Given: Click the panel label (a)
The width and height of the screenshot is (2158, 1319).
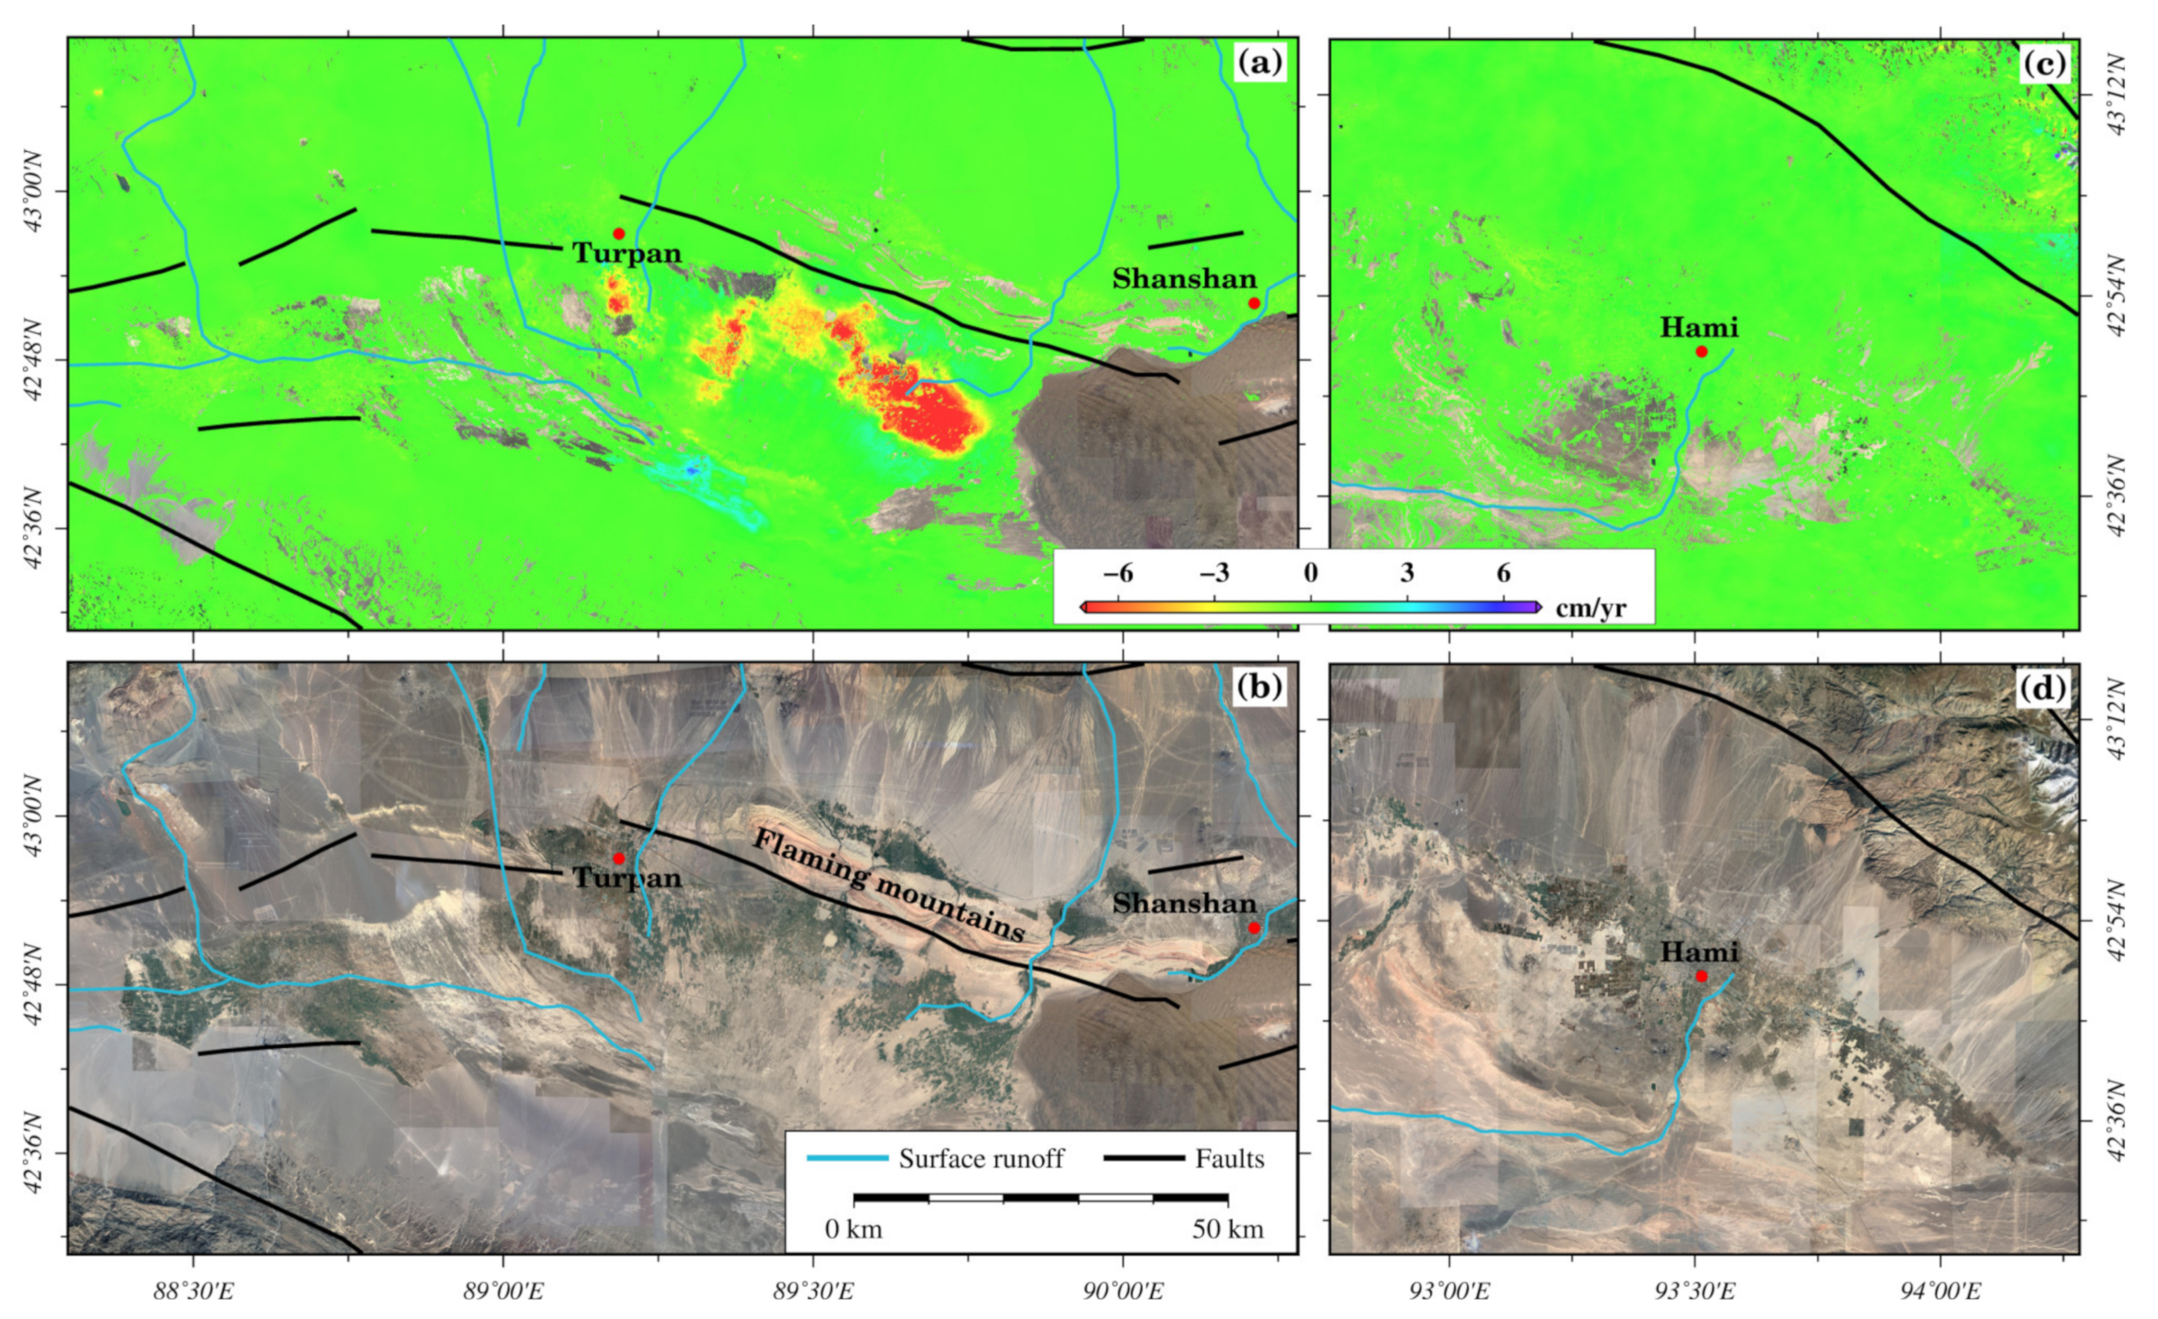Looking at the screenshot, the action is point(1259,63).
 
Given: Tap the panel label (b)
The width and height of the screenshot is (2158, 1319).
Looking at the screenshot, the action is point(1259,688).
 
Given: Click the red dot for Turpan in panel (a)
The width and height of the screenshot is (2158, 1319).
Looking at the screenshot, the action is point(619,234).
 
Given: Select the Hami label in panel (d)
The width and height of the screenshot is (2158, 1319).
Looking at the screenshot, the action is point(1699,952).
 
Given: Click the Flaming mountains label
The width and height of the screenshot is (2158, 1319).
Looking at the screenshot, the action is point(888,885).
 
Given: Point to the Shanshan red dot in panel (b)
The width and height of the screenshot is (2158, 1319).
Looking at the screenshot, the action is point(1254,927).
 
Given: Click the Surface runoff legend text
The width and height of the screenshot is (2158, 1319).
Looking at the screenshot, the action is point(981,1159).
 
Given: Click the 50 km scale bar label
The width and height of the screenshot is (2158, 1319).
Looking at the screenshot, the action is point(1228,1230).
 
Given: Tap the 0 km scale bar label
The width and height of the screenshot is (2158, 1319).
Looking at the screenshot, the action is point(854,1230).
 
